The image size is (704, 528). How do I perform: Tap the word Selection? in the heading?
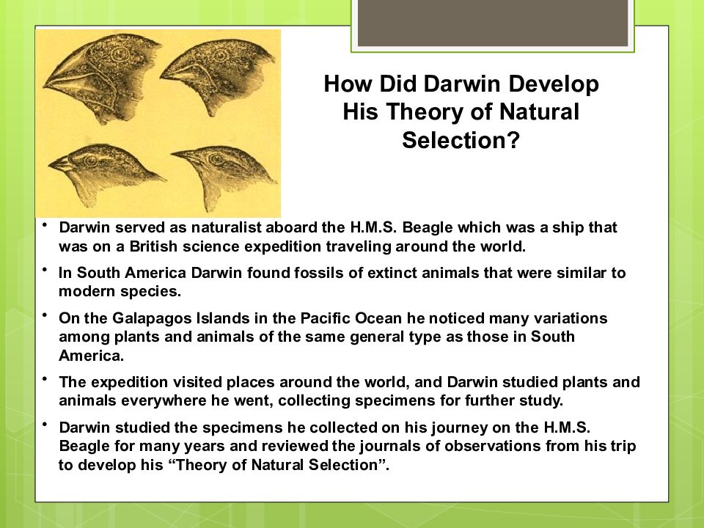coord(461,140)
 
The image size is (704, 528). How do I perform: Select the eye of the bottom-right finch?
coord(216,160)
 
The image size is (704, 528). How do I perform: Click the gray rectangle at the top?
coord(493,23)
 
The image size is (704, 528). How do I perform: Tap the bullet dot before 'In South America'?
coord(45,270)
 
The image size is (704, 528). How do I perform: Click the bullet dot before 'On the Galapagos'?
coord(45,315)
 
